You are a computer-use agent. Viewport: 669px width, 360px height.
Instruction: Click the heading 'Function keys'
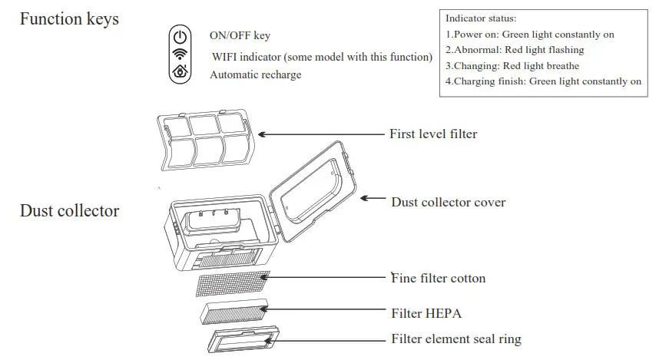click(69, 19)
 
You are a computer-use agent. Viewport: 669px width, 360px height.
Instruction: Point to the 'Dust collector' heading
click(69, 210)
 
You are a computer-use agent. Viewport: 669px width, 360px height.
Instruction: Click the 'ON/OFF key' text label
click(240, 36)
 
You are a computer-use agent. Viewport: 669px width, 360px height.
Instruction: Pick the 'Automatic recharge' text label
click(255, 74)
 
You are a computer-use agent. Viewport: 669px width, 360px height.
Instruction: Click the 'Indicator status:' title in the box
click(481, 18)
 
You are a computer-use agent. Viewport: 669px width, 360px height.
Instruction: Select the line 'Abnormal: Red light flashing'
click(515, 50)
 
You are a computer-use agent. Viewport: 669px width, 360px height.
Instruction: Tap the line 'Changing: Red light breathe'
click(512, 66)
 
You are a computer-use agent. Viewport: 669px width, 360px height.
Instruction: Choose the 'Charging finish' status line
click(543, 81)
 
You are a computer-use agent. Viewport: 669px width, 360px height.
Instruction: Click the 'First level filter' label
click(433, 134)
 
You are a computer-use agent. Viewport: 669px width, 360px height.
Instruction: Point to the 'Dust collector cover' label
click(449, 203)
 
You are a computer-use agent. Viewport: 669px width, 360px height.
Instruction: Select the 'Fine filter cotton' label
click(439, 278)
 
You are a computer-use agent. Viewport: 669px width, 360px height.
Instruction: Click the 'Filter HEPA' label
click(426, 313)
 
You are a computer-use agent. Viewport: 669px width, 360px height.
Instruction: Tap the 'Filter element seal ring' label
click(456, 339)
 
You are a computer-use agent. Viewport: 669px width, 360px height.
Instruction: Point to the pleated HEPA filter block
click(233, 312)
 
